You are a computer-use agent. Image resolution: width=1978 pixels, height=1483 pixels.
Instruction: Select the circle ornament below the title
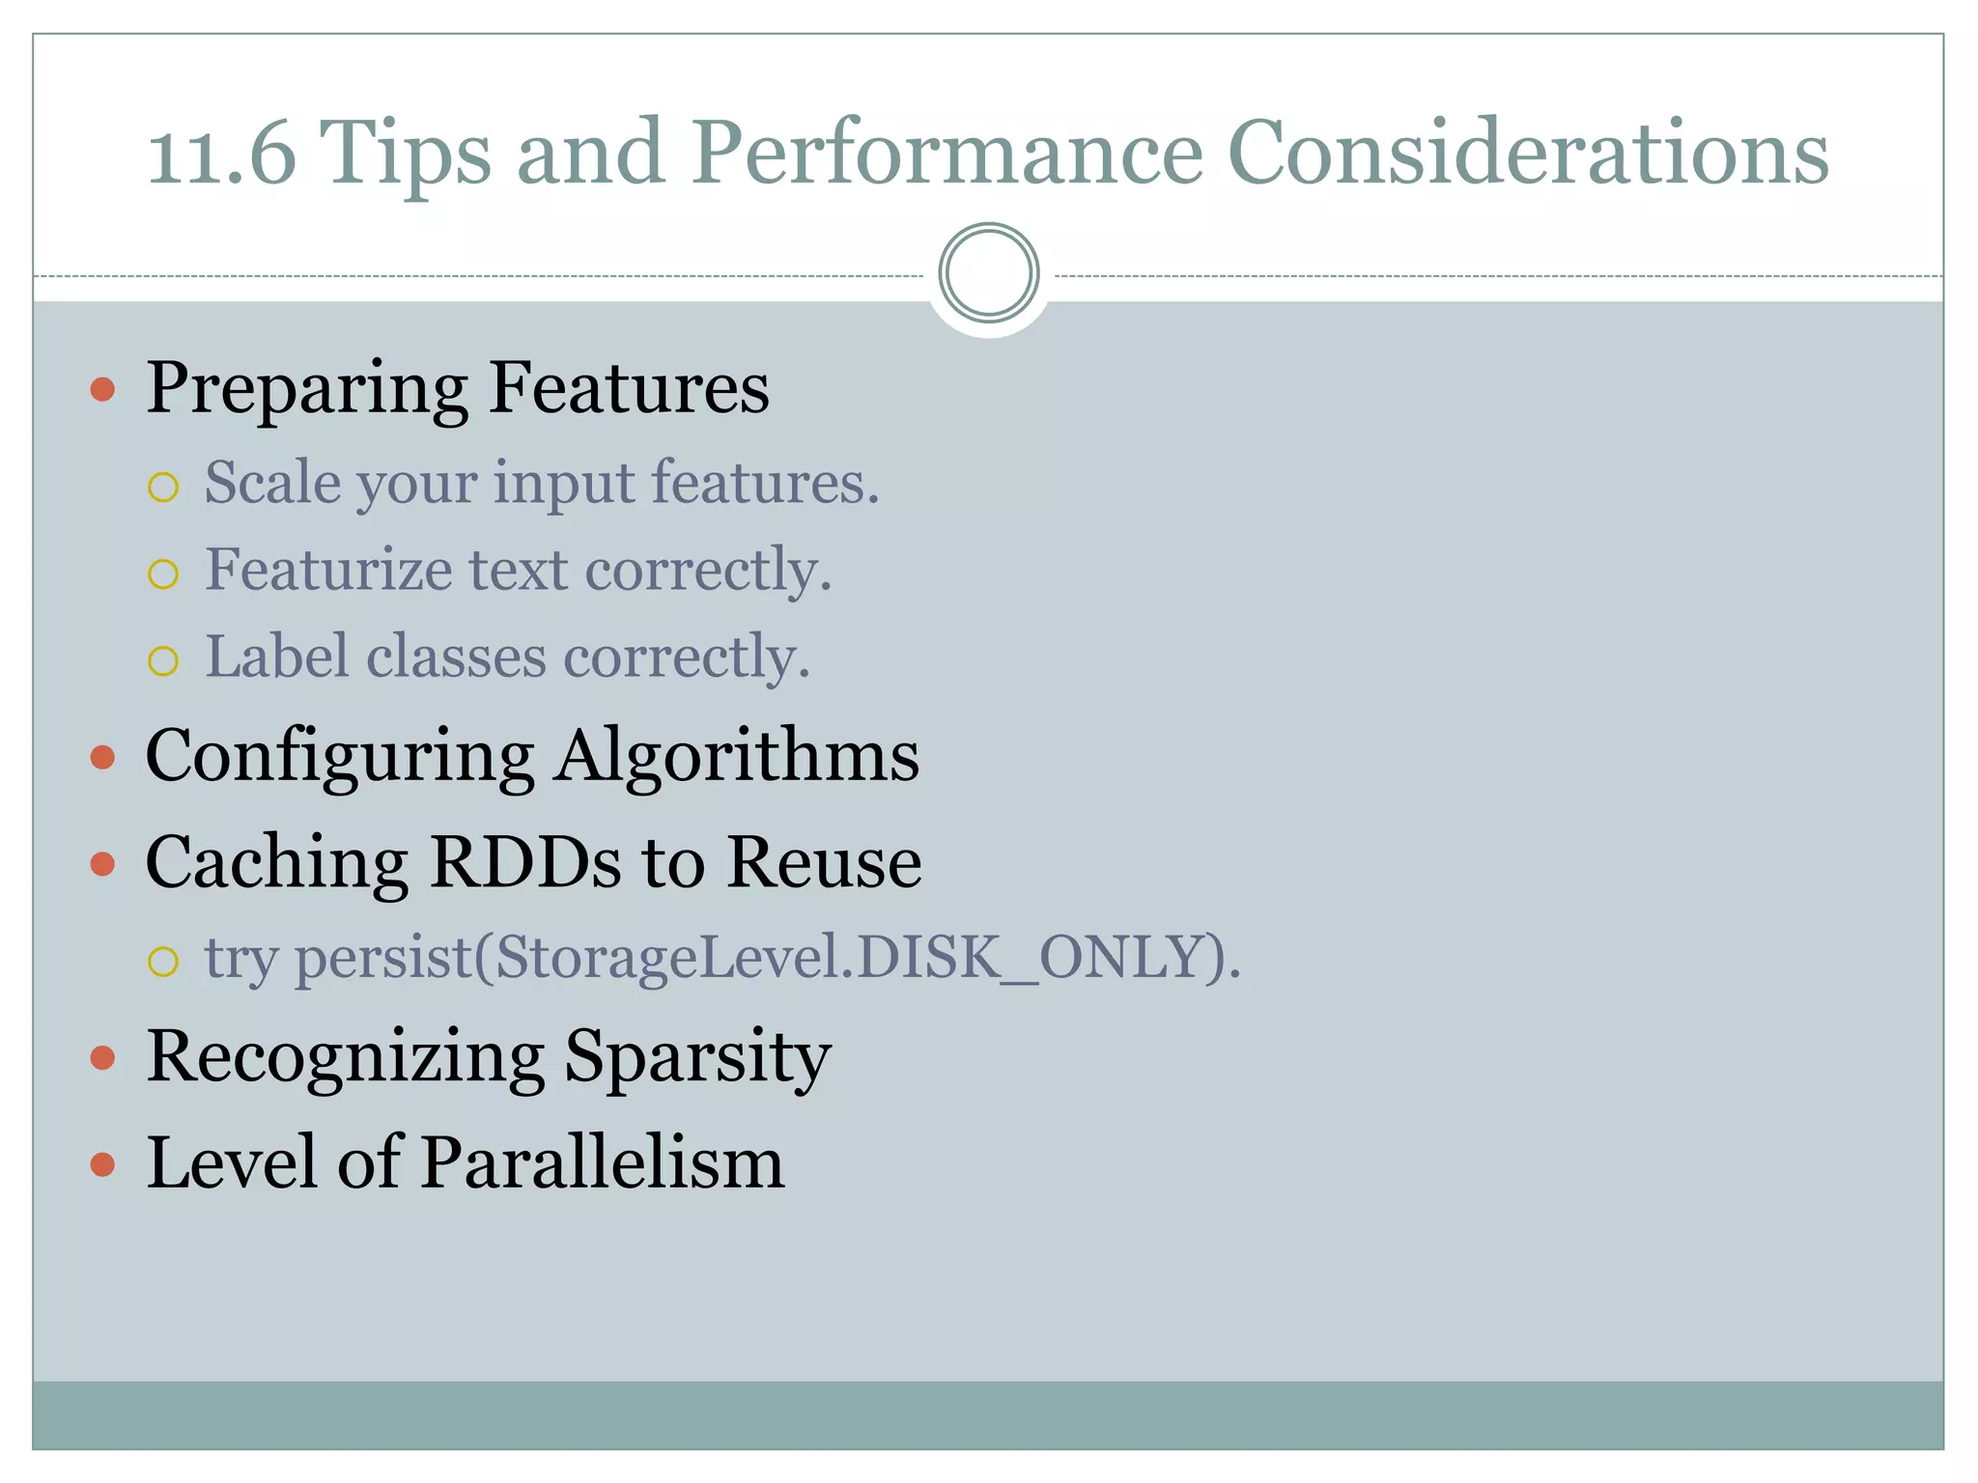point(989,273)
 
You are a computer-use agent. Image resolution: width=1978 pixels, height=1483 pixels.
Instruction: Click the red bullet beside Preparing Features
point(102,390)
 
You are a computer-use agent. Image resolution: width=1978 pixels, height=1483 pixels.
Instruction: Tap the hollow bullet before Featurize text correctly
point(163,574)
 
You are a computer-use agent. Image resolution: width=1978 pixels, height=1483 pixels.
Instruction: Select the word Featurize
point(329,570)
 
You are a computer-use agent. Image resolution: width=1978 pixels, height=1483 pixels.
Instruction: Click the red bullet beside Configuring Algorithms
point(102,757)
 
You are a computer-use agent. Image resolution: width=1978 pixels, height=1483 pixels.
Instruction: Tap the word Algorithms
point(737,756)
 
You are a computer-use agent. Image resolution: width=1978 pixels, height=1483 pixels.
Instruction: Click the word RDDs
point(525,861)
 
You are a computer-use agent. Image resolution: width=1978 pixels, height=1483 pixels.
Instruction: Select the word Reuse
point(823,861)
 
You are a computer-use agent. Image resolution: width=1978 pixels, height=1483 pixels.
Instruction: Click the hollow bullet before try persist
point(163,961)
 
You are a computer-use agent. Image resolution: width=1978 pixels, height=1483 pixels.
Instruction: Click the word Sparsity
point(696,1057)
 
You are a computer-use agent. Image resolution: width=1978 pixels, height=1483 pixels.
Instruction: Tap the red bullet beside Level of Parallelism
point(102,1164)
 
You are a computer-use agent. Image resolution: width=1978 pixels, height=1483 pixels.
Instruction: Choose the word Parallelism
point(603,1162)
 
